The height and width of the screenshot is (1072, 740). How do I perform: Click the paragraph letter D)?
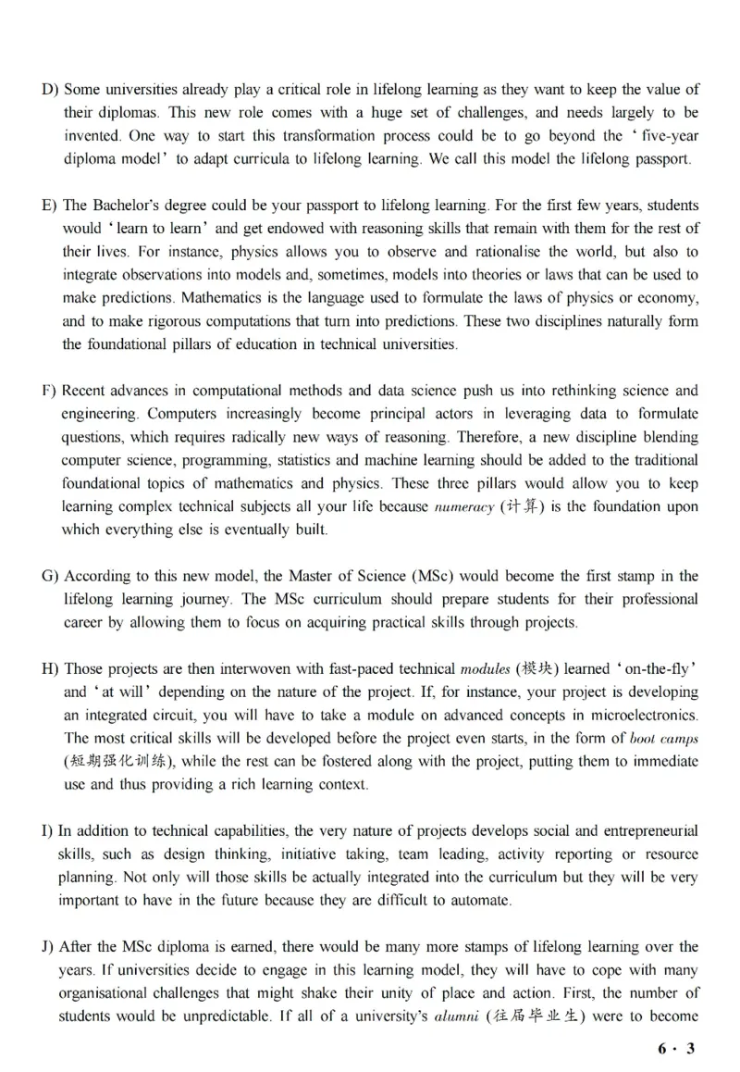(50, 90)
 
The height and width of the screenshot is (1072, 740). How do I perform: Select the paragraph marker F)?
(50, 391)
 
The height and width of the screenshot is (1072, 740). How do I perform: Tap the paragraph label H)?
(51, 668)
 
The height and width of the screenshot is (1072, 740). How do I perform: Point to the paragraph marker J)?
(48, 946)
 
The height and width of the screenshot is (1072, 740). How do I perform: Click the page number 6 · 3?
(675, 1048)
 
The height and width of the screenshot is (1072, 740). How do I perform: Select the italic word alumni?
(458, 1016)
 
